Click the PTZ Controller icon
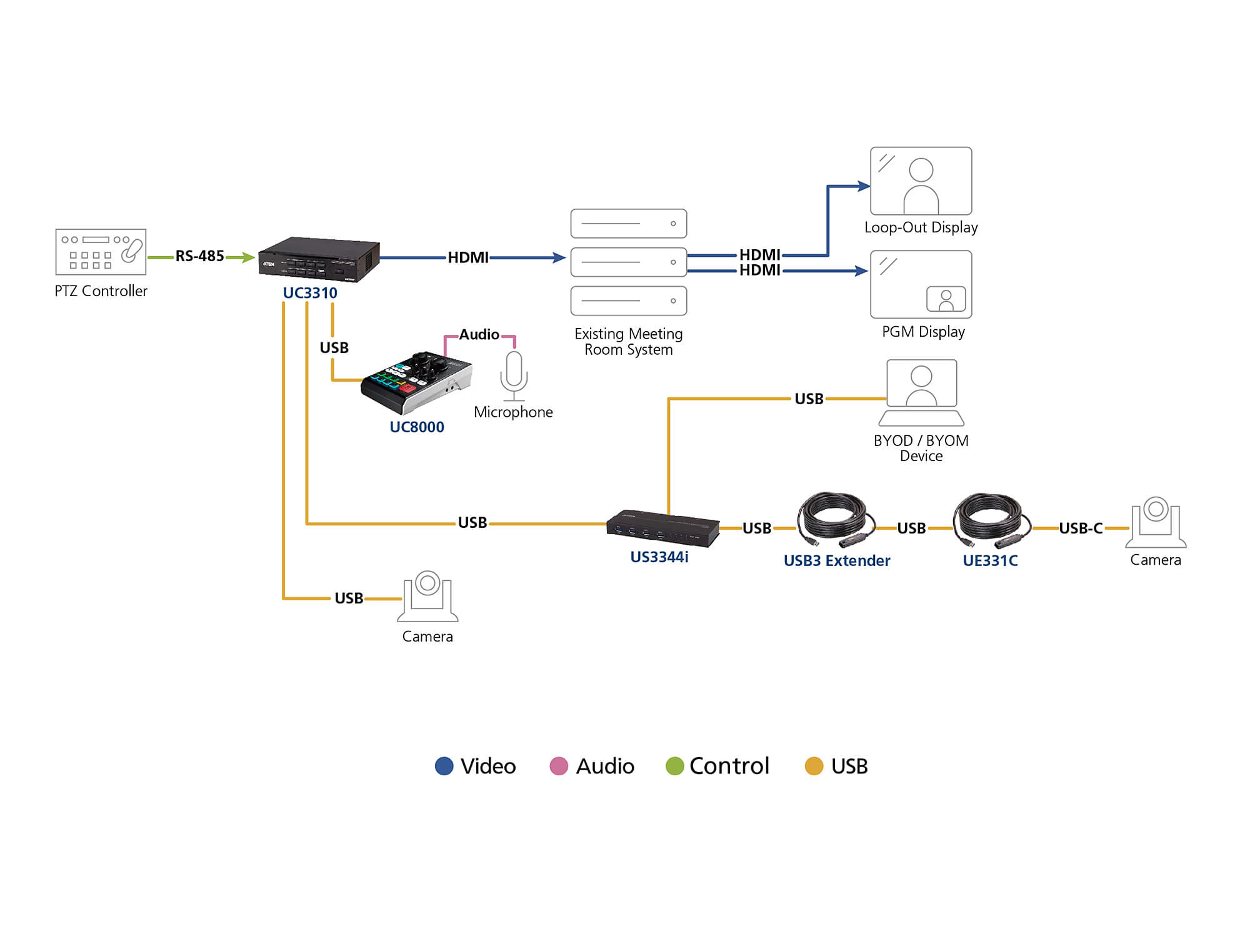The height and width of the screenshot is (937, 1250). pyautogui.click(x=101, y=252)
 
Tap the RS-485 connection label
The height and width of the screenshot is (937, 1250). pyautogui.click(x=199, y=256)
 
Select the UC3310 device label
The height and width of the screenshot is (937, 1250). pyautogui.click(x=310, y=292)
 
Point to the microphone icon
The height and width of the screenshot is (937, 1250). pyautogui.click(x=514, y=375)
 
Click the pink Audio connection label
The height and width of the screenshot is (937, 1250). pyautogui.click(x=479, y=335)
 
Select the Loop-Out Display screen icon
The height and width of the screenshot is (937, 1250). pyautogui.click(x=921, y=181)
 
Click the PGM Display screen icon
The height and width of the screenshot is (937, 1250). pyautogui.click(x=921, y=285)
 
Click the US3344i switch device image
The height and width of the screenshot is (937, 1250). pyautogui.click(x=662, y=528)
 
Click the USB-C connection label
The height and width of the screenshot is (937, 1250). pyautogui.click(x=1080, y=528)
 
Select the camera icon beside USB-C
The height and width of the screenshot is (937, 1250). pyautogui.click(x=1156, y=522)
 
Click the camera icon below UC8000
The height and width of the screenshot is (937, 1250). pyautogui.click(x=427, y=596)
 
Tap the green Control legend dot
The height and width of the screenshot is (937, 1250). pyautogui.click(x=674, y=766)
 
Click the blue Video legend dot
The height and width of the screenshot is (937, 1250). pyautogui.click(x=444, y=766)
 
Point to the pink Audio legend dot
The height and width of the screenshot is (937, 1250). pyautogui.click(x=558, y=766)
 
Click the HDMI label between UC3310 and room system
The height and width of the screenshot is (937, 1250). pyautogui.click(x=468, y=257)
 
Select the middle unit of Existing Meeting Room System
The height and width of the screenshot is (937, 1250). pyautogui.click(x=628, y=262)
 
